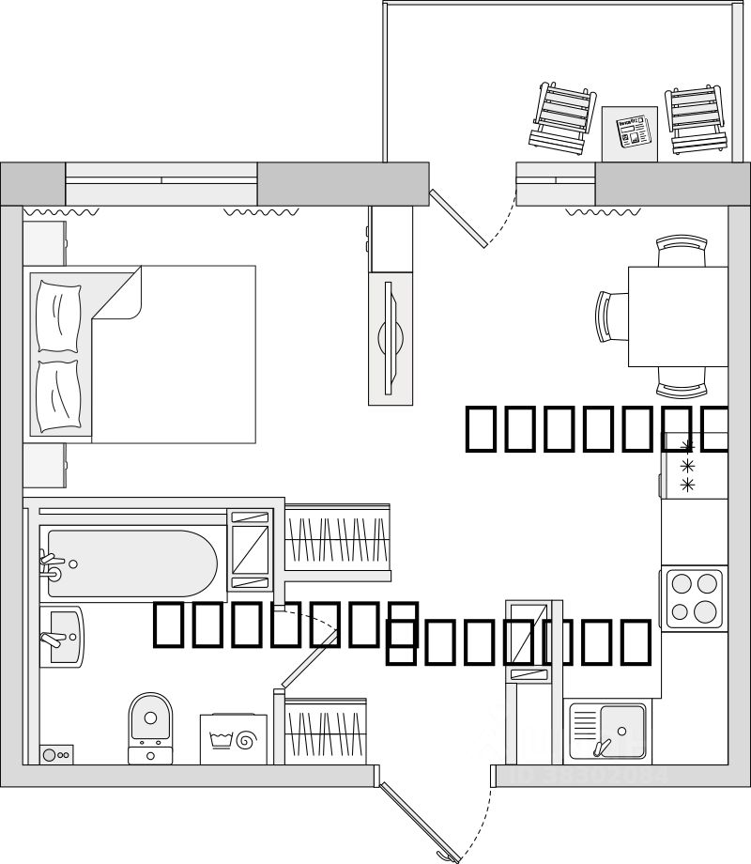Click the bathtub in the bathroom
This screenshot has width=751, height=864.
click(131, 563)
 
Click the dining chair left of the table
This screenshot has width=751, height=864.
click(611, 316)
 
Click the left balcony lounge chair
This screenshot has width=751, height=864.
click(563, 116)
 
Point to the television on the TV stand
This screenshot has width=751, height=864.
click(390, 336)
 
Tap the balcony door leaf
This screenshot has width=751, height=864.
click(457, 219)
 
